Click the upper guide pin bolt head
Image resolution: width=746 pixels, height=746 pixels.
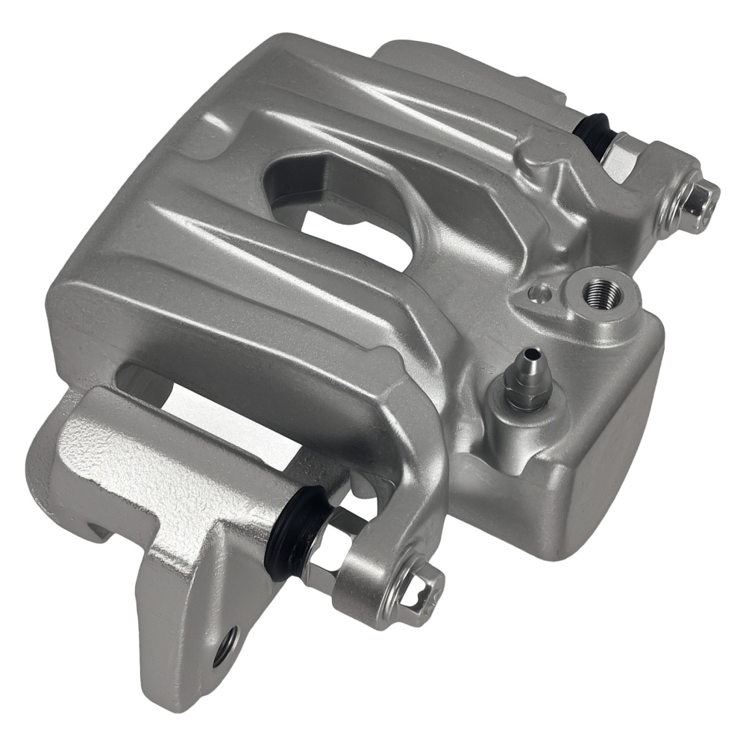pyautogui.click(x=697, y=198)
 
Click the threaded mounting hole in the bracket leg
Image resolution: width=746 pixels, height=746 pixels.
pyautogui.click(x=226, y=645)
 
